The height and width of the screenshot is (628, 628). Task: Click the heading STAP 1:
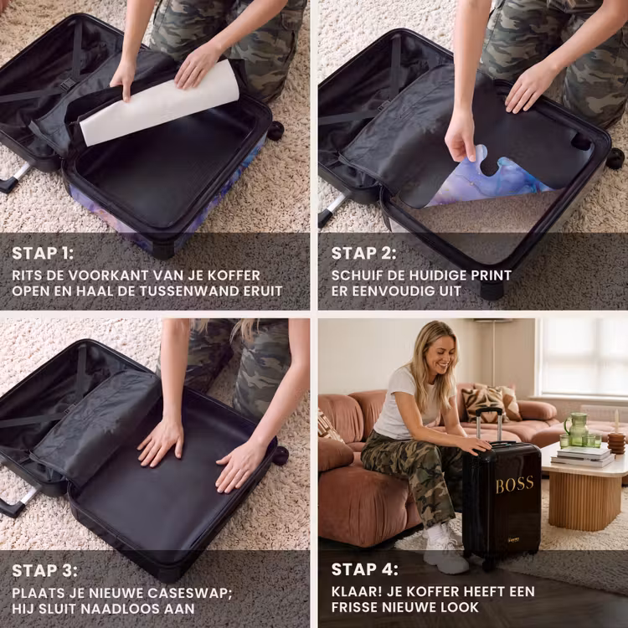point(43,254)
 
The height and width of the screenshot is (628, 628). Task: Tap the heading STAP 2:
point(363,254)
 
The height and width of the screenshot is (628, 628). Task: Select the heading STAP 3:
point(44,571)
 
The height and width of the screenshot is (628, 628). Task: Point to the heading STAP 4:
point(365,569)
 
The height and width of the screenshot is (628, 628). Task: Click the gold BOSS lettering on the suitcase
point(515,485)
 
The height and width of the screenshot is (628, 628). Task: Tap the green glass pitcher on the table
point(576,430)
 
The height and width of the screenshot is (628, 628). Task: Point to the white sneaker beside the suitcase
point(445,548)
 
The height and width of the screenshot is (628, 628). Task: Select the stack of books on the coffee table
point(583,456)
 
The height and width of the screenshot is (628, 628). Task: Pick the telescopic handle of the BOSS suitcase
point(489,425)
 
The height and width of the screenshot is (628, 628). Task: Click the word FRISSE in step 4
point(354,607)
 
